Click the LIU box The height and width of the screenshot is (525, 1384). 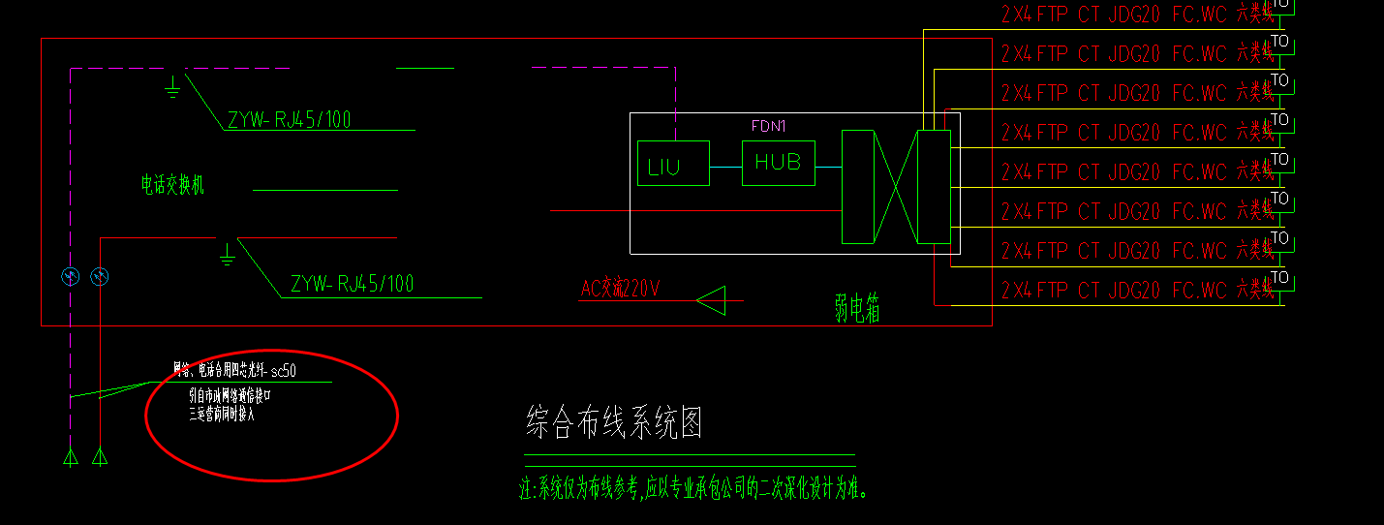(673, 163)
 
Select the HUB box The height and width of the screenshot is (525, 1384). (778, 163)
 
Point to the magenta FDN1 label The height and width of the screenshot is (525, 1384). (768, 126)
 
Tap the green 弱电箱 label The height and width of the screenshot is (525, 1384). (857, 308)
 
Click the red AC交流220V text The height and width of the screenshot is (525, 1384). (620, 289)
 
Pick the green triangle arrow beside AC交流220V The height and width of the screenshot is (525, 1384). (712, 300)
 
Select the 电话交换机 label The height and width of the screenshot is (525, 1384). (172, 185)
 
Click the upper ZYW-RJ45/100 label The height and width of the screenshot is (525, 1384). (290, 120)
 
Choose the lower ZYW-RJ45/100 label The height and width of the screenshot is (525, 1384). (352, 284)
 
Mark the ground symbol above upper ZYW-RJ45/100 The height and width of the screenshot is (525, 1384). (172, 88)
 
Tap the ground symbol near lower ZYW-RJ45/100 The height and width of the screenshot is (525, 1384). (227, 256)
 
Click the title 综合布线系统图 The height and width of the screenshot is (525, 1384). (613, 423)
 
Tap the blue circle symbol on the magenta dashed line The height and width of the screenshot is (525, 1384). (70, 278)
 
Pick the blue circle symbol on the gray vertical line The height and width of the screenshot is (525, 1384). (100, 278)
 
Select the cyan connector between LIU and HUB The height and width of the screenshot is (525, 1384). (725, 167)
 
